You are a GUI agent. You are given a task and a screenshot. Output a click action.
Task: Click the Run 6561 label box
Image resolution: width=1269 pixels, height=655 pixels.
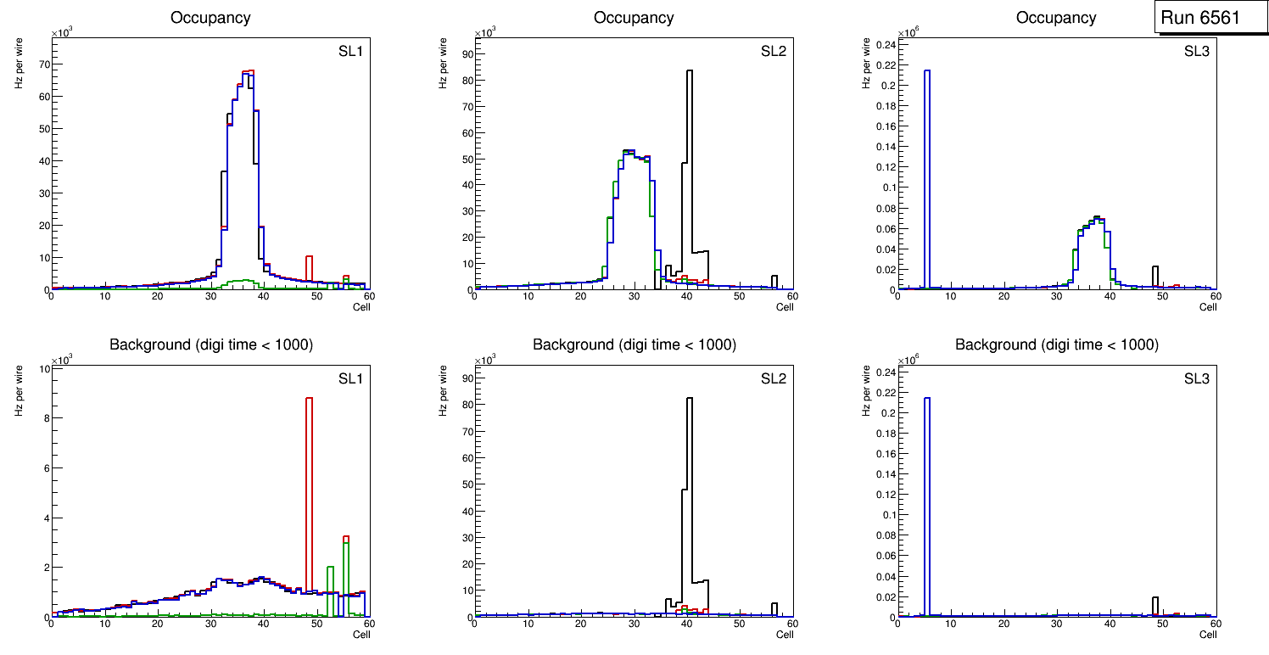click(1210, 18)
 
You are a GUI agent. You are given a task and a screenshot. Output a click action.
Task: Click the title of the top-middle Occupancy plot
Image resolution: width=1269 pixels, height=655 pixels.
click(634, 17)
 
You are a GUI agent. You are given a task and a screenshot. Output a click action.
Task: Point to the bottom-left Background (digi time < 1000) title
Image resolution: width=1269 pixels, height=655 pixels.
click(211, 344)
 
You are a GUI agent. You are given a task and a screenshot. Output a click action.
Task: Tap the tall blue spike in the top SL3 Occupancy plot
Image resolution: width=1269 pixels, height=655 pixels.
click(926, 170)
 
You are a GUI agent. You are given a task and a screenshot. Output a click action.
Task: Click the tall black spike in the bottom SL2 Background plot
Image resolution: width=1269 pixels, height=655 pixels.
click(690, 475)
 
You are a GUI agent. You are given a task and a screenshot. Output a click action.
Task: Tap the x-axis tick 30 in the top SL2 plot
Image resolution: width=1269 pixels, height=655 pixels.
click(634, 296)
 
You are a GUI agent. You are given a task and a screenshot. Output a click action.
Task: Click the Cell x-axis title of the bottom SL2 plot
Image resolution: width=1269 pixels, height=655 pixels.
click(785, 634)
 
